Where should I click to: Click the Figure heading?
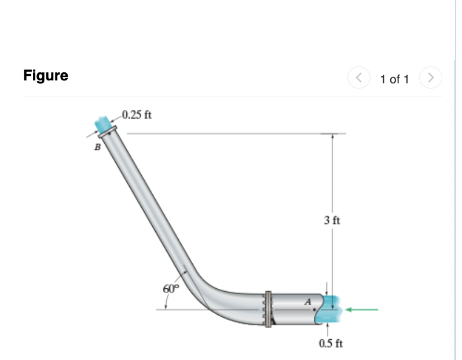pos(46,75)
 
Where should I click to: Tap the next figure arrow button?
pos(430,77)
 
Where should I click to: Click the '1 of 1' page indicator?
pos(394,79)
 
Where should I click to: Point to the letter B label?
pos(97,148)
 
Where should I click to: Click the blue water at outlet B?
pos(104,123)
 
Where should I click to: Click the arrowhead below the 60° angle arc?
pos(167,305)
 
